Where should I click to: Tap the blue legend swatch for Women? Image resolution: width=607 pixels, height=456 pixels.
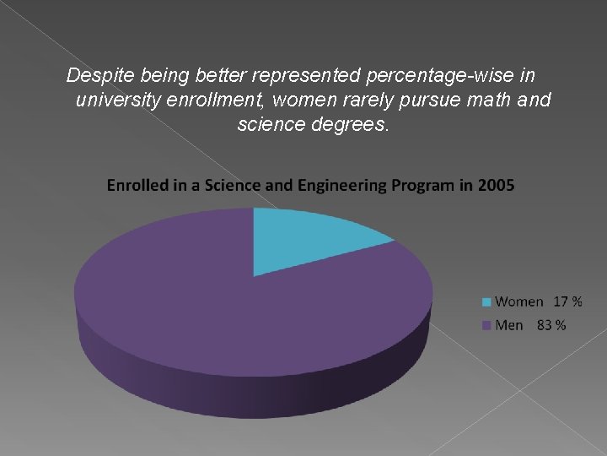coord(486,302)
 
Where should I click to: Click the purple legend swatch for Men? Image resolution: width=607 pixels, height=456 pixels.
coord(486,325)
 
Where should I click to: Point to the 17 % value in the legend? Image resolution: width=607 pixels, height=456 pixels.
coord(567,301)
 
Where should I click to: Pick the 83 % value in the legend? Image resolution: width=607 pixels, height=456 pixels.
coord(551,325)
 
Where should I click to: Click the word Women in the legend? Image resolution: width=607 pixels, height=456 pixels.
coord(519,301)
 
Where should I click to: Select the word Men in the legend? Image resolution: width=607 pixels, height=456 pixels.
coord(509,325)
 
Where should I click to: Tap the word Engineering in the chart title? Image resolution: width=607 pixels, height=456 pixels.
coord(341,186)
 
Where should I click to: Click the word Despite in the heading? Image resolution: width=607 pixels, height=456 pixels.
coord(100,75)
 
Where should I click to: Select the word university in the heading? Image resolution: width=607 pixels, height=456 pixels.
coord(118,100)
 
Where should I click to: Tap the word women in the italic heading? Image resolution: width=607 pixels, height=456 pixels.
coord(305,100)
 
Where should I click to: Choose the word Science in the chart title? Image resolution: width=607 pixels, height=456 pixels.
coord(233,185)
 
